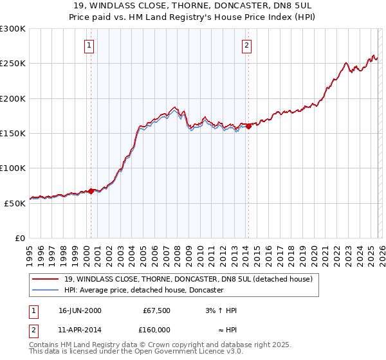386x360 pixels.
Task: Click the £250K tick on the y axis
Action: click(x=13, y=64)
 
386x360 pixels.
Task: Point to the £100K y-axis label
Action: click(x=13, y=168)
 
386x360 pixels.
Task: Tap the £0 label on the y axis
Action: click(x=20, y=238)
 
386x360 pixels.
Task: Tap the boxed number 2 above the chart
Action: click(x=246, y=45)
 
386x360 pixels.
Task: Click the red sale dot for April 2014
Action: click(x=248, y=127)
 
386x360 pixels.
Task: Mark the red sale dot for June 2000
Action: click(x=91, y=191)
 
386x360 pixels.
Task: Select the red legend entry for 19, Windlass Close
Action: click(x=188, y=279)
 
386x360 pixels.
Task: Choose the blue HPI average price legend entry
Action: click(x=143, y=290)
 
